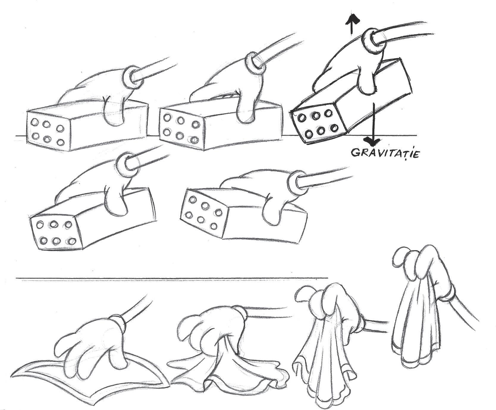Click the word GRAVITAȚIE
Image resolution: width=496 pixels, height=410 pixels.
point(385,154)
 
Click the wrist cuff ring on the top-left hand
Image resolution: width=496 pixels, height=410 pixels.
point(130,78)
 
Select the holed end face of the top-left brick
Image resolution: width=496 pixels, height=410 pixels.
point(48,130)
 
